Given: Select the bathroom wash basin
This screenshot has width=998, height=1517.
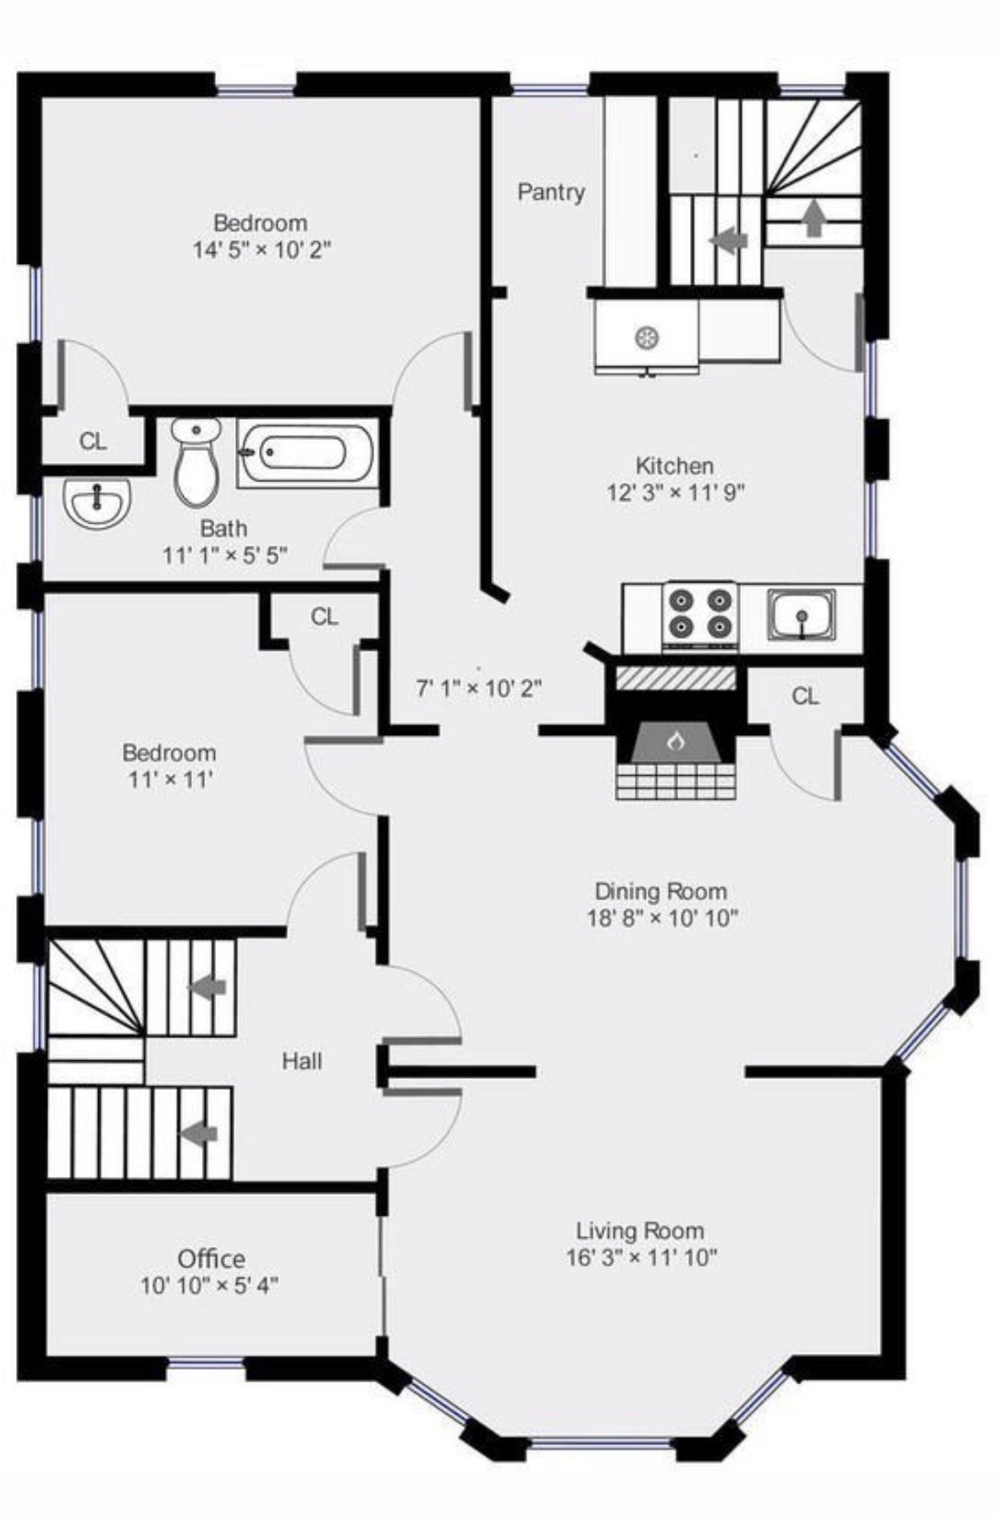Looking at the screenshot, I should (97, 501).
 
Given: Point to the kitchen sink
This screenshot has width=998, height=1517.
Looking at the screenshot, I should (801, 613).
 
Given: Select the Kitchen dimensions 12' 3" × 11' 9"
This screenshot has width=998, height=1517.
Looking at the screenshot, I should (675, 492).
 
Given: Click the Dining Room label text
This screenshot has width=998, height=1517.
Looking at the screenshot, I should (661, 891).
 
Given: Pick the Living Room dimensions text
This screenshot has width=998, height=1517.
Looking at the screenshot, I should (641, 1257).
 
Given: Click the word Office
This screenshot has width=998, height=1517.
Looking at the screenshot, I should (212, 1258).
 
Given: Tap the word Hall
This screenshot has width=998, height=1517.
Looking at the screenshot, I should (302, 1061).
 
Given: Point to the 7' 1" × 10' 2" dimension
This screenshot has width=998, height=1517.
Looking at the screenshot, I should (478, 688).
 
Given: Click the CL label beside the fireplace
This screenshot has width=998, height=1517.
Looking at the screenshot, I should (805, 695).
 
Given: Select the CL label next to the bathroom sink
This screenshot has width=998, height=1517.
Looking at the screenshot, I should (93, 441).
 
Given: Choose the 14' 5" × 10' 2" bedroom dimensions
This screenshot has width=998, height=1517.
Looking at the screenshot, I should (261, 250).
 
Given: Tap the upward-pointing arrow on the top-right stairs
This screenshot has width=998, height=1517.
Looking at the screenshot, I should (813, 217).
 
